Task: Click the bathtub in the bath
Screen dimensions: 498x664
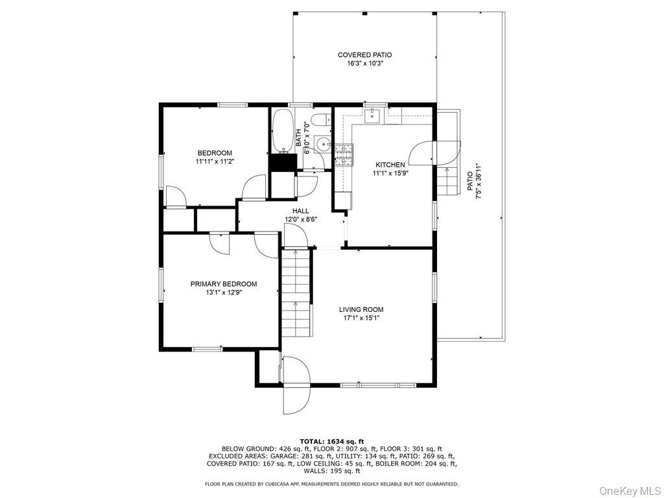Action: (x=283, y=130)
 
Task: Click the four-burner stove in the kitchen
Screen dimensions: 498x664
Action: (x=343, y=154)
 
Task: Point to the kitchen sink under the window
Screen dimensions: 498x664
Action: (x=373, y=116)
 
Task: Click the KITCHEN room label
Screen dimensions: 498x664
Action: (x=389, y=165)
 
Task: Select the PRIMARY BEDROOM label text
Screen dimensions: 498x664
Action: (x=223, y=284)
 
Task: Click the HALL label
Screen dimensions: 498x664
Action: (x=300, y=211)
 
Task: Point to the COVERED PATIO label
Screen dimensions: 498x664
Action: (x=364, y=55)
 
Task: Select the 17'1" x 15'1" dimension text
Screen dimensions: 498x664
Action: (x=361, y=318)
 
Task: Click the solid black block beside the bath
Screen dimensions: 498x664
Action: (x=282, y=162)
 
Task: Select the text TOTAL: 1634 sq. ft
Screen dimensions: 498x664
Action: (x=331, y=441)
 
